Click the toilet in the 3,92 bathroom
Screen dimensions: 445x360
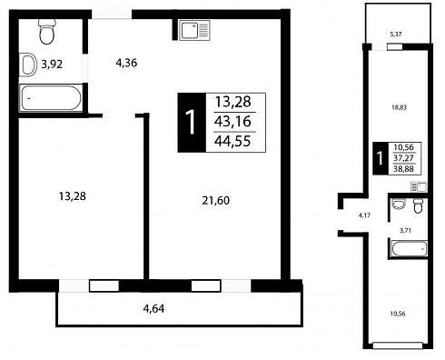tap(47, 31)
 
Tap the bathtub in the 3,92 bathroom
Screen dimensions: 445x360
tap(51, 98)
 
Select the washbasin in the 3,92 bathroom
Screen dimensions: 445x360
tap(28, 65)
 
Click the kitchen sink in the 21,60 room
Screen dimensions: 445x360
tap(194, 30)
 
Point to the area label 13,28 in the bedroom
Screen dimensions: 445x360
tap(73, 196)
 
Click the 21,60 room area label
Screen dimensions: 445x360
tap(215, 200)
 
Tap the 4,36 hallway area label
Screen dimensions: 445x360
tap(126, 63)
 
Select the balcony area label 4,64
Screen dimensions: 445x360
tap(153, 308)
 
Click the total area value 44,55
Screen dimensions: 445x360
tap(232, 141)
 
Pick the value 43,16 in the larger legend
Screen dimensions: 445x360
tap(232, 121)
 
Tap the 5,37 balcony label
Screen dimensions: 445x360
tap(396, 35)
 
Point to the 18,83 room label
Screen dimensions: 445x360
tap(400, 107)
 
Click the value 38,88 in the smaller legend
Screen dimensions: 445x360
tap(403, 169)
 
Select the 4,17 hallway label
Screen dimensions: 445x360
tap(364, 215)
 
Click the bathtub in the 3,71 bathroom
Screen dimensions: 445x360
tap(409, 249)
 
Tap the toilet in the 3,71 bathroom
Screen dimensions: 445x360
tap(418, 205)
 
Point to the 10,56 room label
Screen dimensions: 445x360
tap(398, 314)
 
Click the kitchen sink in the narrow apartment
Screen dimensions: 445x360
tap(419, 186)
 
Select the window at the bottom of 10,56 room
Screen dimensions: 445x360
tap(398, 345)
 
